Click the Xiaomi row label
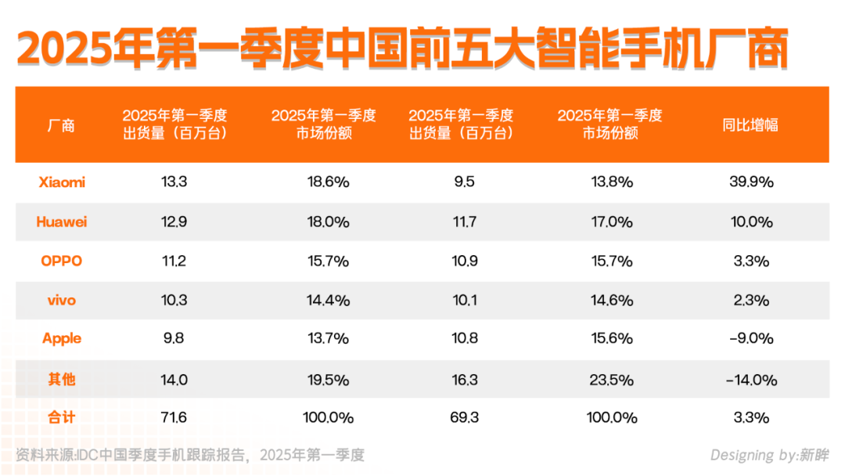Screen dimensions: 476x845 click(62, 182)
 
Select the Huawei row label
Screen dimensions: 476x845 click(62, 222)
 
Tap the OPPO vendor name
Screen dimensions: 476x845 click(62, 261)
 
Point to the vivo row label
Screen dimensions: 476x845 click(62, 300)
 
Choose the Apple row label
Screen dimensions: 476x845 click(62, 339)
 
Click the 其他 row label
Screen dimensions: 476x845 click(62, 379)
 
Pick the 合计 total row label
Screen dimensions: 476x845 click(62, 417)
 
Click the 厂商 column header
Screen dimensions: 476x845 click(62, 124)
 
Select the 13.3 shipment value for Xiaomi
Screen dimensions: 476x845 click(174, 182)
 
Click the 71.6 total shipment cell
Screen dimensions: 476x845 click(174, 417)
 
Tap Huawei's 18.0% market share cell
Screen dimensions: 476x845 click(327, 222)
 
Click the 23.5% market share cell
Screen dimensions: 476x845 click(610, 380)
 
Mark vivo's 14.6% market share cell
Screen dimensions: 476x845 click(610, 300)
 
